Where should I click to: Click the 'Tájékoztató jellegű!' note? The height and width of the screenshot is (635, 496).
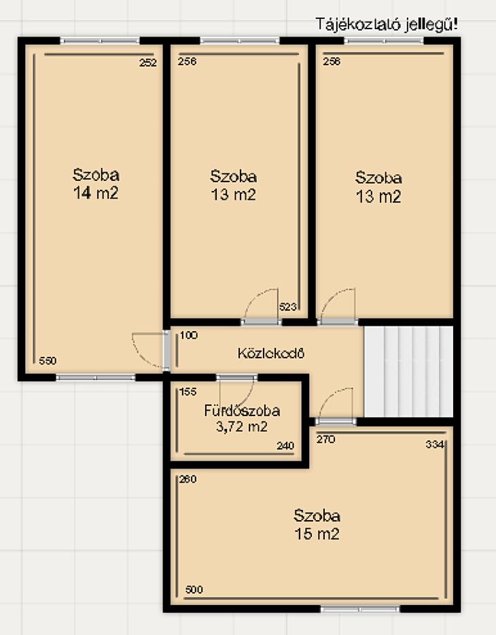point(387,24)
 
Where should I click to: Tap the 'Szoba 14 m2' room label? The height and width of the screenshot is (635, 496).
point(96,184)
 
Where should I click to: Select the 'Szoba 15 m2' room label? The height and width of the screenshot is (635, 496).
point(317,524)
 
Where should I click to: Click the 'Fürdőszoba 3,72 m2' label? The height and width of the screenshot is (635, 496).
point(242,418)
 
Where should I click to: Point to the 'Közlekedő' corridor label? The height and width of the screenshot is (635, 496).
point(270,353)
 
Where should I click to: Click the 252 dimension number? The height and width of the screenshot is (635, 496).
point(147,63)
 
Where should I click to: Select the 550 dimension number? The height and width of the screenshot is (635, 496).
point(48,360)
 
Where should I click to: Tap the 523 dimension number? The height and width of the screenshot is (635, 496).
point(287,307)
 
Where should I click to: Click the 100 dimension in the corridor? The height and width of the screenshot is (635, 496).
point(189,335)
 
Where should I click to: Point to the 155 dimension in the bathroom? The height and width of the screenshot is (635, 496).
point(188,392)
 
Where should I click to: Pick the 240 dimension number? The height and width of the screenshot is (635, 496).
point(285,446)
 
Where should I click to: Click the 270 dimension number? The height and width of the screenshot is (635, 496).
point(325,439)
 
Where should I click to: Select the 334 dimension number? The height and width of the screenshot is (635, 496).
point(435,444)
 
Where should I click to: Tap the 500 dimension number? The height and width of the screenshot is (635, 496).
point(194,589)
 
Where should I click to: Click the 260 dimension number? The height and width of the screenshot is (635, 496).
point(188,479)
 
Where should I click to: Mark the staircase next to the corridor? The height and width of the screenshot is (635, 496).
point(408,372)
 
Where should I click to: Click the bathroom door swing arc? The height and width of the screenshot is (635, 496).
point(247,395)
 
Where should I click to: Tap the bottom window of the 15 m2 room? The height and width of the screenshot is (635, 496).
point(360,608)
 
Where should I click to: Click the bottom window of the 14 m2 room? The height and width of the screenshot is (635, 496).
point(96,377)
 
